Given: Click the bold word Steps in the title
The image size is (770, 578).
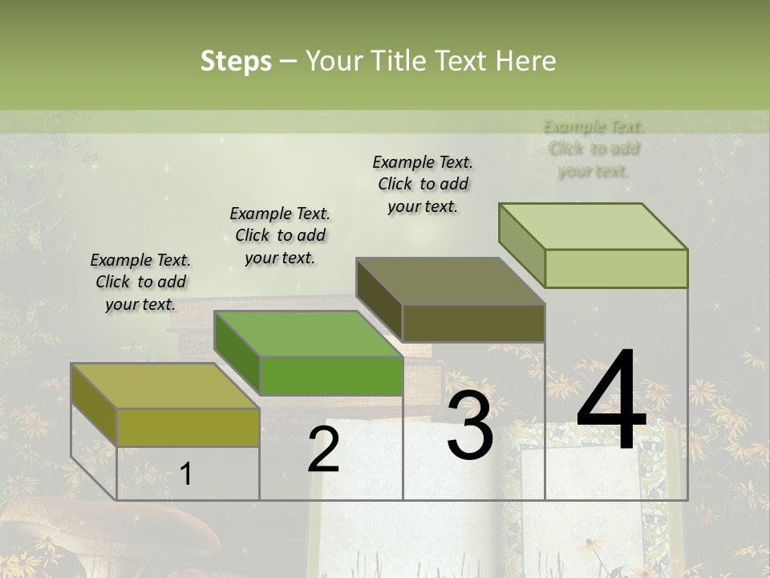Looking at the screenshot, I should (236, 61).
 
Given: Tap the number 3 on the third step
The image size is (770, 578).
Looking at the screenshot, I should (469, 425).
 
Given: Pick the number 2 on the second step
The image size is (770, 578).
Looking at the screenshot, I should (323, 450).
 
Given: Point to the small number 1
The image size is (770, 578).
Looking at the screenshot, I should (185, 474).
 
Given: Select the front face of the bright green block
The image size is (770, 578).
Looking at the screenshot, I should (330, 376).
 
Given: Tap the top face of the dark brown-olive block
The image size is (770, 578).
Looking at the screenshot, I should (449, 281).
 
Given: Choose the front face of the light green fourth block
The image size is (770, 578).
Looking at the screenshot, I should (616, 268).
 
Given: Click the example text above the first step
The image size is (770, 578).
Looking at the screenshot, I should (140, 282).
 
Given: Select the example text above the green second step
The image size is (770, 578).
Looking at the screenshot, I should (280, 235).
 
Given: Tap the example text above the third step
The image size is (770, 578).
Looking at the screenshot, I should (423, 184).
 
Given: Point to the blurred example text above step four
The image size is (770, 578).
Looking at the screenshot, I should (594, 149).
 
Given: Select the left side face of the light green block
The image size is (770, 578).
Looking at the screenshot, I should (521, 244).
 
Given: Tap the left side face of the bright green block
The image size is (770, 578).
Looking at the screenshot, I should (237, 353).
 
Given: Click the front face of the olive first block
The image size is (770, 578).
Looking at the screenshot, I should (188, 427).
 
